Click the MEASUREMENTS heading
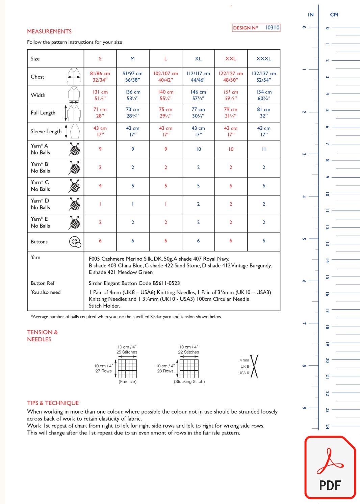[x=49, y=31]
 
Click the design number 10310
[x=272, y=28]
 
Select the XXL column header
[x=231, y=59]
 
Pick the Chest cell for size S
[x=100, y=77]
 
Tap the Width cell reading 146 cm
[x=198, y=95]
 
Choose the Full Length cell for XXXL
[x=264, y=113]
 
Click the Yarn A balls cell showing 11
[x=264, y=149]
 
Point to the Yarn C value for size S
[x=100, y=186]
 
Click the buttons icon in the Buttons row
[x=75, y=242]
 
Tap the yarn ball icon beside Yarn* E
[x=75, y=222]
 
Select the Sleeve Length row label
[x=46, y=132]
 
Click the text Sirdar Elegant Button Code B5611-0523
[x=134, y=283]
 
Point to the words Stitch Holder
[x=104, y=306]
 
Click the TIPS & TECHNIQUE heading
[x=53, y=403]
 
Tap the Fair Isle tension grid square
[x=127, y=369]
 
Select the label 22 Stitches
[x=188, y=352]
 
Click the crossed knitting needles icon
[x=254, y=367]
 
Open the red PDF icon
[x=330, y=468]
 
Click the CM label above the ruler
[x=334, y=15]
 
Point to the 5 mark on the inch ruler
[x=304, y=239]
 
